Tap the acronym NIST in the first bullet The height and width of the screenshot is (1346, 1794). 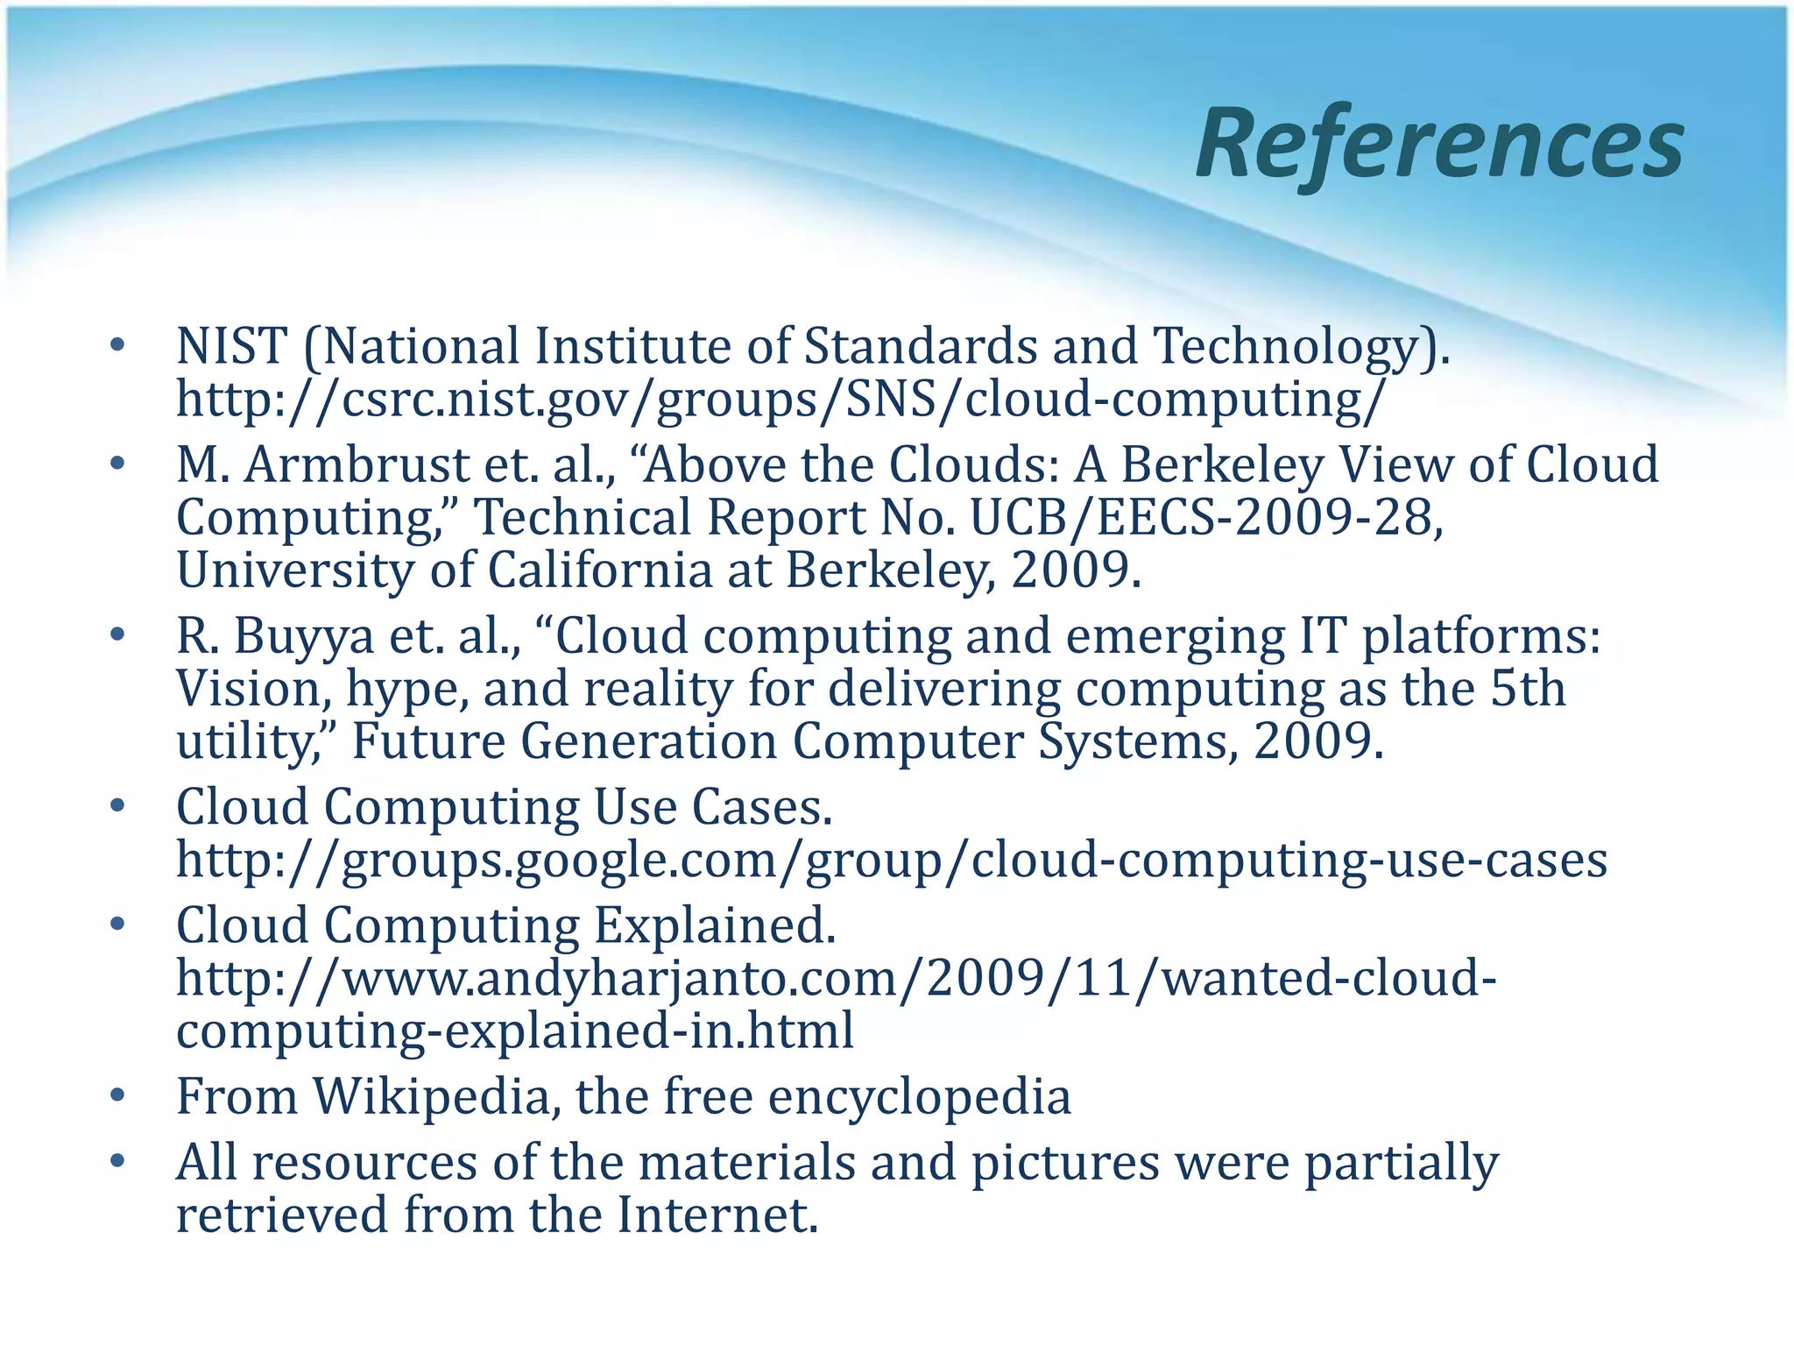pos(231,346)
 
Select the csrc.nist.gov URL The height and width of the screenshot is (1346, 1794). pos(781,400)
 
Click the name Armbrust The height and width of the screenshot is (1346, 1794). pos(357,464)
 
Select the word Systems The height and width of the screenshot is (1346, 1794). pos(1138,742)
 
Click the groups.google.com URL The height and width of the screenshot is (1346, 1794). pos(892,860)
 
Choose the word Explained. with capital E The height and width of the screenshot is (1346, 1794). pos(715,925)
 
